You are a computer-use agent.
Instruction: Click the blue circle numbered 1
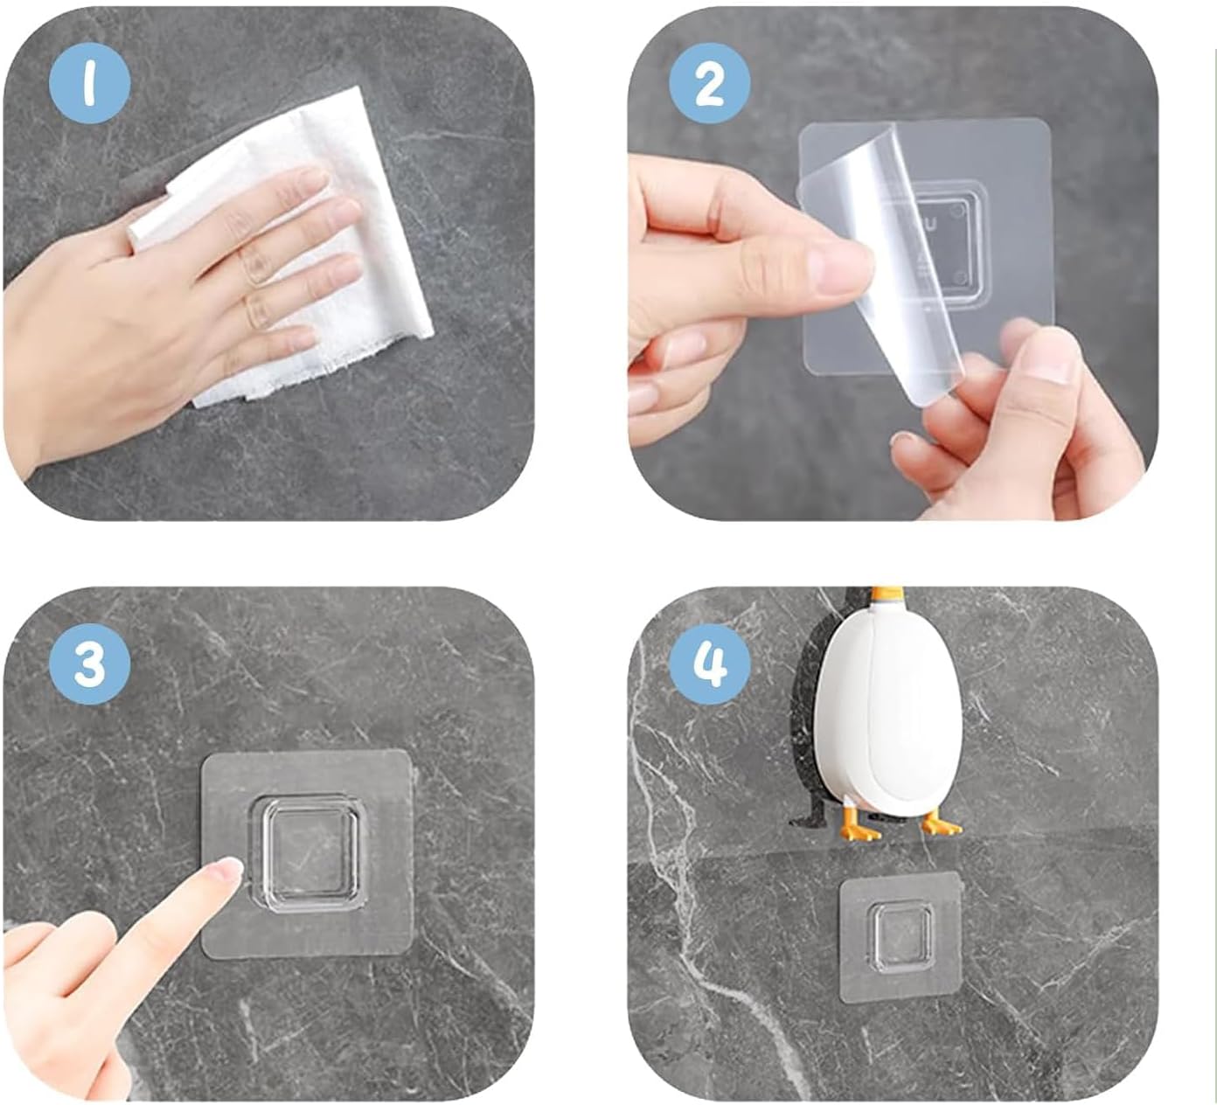click(89, 83)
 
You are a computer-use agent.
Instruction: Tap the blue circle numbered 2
click(709, 83)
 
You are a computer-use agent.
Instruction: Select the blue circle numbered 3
click(89, 664)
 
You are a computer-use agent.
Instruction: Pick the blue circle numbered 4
click(709, 664)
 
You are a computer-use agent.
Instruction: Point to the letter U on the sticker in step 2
click(930, 224)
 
